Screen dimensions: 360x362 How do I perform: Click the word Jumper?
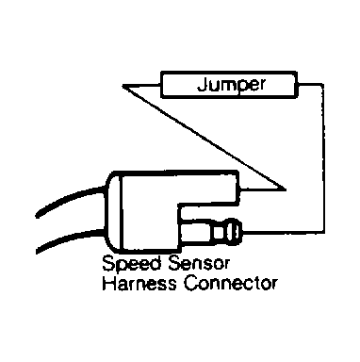point(231,84)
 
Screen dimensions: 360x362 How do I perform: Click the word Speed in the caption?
point(132,263)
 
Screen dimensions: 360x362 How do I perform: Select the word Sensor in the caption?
point(199,263)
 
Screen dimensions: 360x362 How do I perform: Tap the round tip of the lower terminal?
point(235,232)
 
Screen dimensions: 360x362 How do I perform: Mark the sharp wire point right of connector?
point(286,189)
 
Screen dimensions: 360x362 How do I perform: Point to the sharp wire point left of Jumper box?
point(123,86)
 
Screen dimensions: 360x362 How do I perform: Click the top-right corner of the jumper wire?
point(322,85)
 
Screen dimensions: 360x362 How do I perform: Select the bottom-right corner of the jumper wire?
point(322,233)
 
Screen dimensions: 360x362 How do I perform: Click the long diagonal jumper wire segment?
point(205,138)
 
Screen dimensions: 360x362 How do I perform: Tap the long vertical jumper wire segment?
point(322,158)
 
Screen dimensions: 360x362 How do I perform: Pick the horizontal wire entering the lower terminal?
point(283,233)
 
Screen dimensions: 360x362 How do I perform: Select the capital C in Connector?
point(191,283)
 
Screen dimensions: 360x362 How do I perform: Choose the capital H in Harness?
point(108,283)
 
